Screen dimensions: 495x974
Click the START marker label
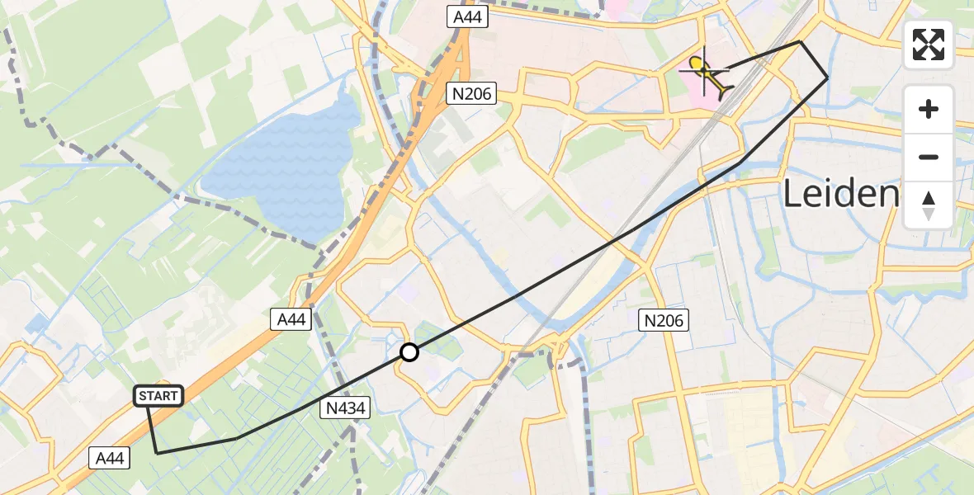(158, 396)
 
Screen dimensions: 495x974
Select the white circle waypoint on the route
(409, 352)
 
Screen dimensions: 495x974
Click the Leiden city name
(839, 195)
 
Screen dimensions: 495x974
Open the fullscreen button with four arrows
(929, 45)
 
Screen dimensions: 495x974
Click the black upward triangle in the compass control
(929, 198)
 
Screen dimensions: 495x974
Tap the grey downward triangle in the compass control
(929, 214)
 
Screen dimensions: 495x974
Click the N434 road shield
(346, 406)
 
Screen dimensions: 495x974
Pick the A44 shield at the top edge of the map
(467, 16)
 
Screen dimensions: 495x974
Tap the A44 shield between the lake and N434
(291, 320)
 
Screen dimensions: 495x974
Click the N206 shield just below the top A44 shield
(472, 94)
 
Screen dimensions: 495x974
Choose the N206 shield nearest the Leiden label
(664, 320)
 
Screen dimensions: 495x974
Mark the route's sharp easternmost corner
(828, 78)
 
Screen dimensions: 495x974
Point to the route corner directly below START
(157, 453)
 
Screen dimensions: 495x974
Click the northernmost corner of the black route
(800, 41)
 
